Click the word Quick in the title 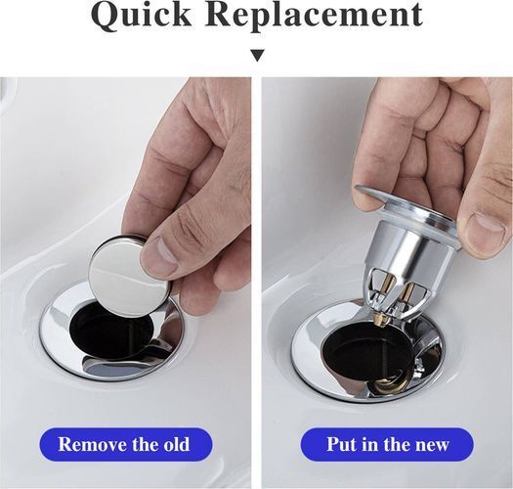pos(142,16)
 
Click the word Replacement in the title pos(314,15)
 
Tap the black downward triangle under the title pos(258,56)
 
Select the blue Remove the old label pos(126,445)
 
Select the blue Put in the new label pos(387,445)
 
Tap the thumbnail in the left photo pos(161,250)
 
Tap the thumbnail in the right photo pos(486,224)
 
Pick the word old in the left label pos(177,444)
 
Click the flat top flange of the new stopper pos(405,204)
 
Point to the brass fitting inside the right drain pos(389,383)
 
